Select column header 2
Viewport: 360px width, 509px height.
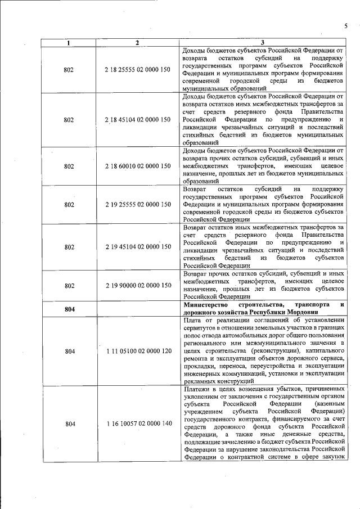(137, 43)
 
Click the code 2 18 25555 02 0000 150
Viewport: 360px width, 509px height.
(137, 70)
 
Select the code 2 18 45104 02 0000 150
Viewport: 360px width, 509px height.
(137, 120)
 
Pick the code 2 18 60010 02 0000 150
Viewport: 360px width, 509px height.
(137, 166)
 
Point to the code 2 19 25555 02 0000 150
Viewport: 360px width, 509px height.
(137, 205)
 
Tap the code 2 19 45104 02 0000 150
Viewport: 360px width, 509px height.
(137, 247)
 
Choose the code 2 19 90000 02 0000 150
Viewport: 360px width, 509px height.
(137, 286)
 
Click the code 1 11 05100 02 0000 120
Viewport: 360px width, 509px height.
(137, 352)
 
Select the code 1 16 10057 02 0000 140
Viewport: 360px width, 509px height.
(137, 424)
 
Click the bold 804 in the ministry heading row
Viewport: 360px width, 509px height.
(69, 309)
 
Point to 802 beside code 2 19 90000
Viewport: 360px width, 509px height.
(69, 286)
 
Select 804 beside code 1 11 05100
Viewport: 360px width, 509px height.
(69, 352)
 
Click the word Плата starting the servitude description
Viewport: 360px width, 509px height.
(193, 321)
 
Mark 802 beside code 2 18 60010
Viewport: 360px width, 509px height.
(69, 166)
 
